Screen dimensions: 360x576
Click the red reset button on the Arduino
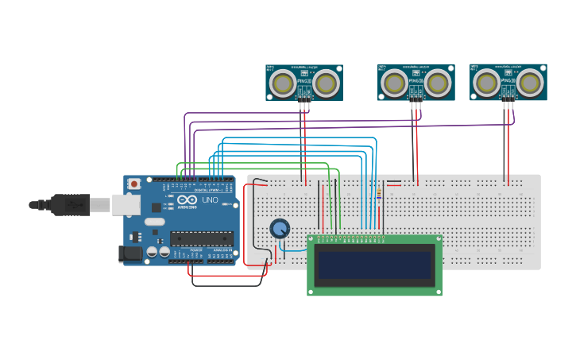pos(134,184)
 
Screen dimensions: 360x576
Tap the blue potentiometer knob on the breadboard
pos(280,229)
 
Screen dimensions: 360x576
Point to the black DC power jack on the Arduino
pos(129,254)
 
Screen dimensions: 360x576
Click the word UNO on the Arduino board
pos(210,200)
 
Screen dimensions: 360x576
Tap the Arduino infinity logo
pos(185,200)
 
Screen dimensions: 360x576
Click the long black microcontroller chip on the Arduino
pos(202,238)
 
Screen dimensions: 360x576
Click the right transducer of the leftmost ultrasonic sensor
pos(326,82)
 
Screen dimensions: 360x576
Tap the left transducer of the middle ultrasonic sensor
pos(394,82)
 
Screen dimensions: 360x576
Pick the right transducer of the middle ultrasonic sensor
pos(438,82)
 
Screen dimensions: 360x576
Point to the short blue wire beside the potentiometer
pos(294,249)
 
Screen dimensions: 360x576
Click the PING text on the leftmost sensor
pos(303,81)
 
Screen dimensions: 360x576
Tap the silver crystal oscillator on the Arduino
pos(154,221)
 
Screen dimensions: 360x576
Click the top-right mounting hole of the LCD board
pos(437,239)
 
